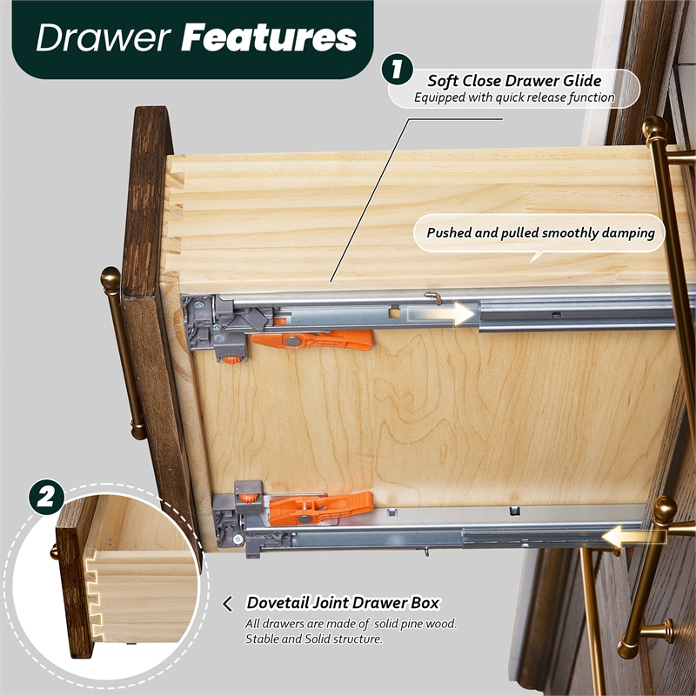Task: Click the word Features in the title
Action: point(269,37)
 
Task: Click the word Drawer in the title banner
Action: point(104,38)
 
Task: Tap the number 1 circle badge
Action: point(397,69)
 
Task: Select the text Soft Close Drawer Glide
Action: point(514,81)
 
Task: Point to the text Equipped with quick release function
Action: point(514,97)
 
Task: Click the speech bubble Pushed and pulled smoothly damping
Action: point(539,234)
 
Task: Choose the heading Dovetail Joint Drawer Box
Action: point(343,603)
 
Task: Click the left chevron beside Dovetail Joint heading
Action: point(228,604)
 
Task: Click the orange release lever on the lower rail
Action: point(320,507)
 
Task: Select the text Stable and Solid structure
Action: point(313,639)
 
